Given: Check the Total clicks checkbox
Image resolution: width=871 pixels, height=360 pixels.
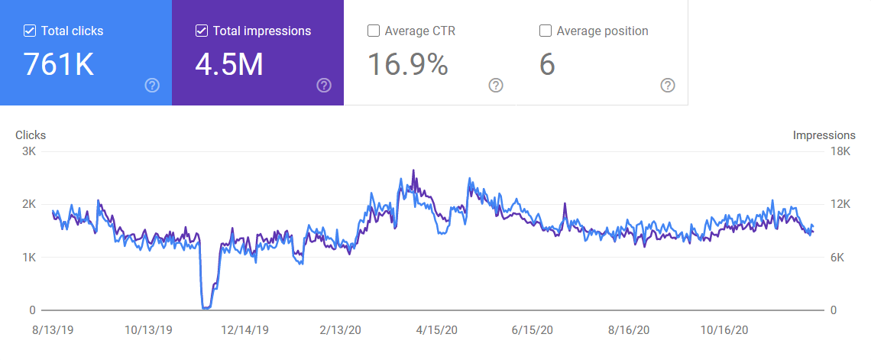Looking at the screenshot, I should coord(30,31).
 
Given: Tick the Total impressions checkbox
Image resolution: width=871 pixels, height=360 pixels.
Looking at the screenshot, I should coord(202,31).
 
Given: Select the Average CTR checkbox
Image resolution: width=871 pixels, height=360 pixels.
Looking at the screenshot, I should coord(374,31).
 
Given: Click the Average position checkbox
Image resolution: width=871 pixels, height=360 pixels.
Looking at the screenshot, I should coord(546,31).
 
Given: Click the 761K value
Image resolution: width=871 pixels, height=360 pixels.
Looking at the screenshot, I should coord(59,65).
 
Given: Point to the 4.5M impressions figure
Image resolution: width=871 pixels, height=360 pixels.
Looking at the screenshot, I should coord(229,65).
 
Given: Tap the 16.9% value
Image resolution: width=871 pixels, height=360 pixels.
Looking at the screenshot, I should coord(407,65).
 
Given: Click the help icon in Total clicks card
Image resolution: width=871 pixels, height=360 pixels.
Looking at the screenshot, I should coord(152,85).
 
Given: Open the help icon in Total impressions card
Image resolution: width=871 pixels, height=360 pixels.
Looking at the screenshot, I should coord(324,85).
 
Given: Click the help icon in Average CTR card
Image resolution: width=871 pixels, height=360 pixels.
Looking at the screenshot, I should coord(496,85).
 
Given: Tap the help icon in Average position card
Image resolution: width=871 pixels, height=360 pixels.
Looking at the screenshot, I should coord(668,85).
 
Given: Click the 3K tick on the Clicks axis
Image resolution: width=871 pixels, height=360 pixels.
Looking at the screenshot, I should coord(28,151).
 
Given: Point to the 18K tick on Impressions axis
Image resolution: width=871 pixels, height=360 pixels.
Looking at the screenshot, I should coord(840,151).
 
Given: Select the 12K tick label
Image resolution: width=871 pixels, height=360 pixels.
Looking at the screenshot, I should coord(840,204).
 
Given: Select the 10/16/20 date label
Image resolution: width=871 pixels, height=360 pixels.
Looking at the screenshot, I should coord(725,330).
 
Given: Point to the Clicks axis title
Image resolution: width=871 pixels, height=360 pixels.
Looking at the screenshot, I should coord(31,135).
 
